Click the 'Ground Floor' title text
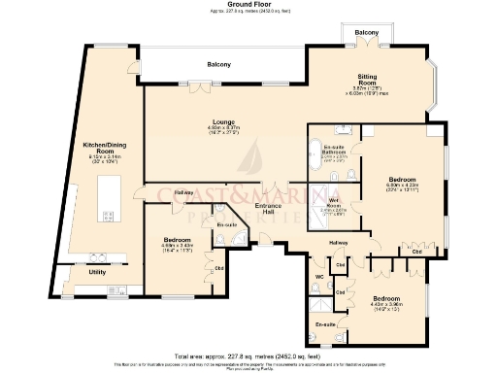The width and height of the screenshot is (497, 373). pos(248,4)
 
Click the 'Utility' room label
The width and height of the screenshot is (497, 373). pos(96,273)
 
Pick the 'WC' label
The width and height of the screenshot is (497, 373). pos(319,276)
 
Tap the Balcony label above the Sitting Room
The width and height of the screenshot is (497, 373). pos(367,33)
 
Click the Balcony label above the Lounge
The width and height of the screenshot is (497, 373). pos(218,64)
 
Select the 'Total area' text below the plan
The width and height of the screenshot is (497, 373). pos(248,356)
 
